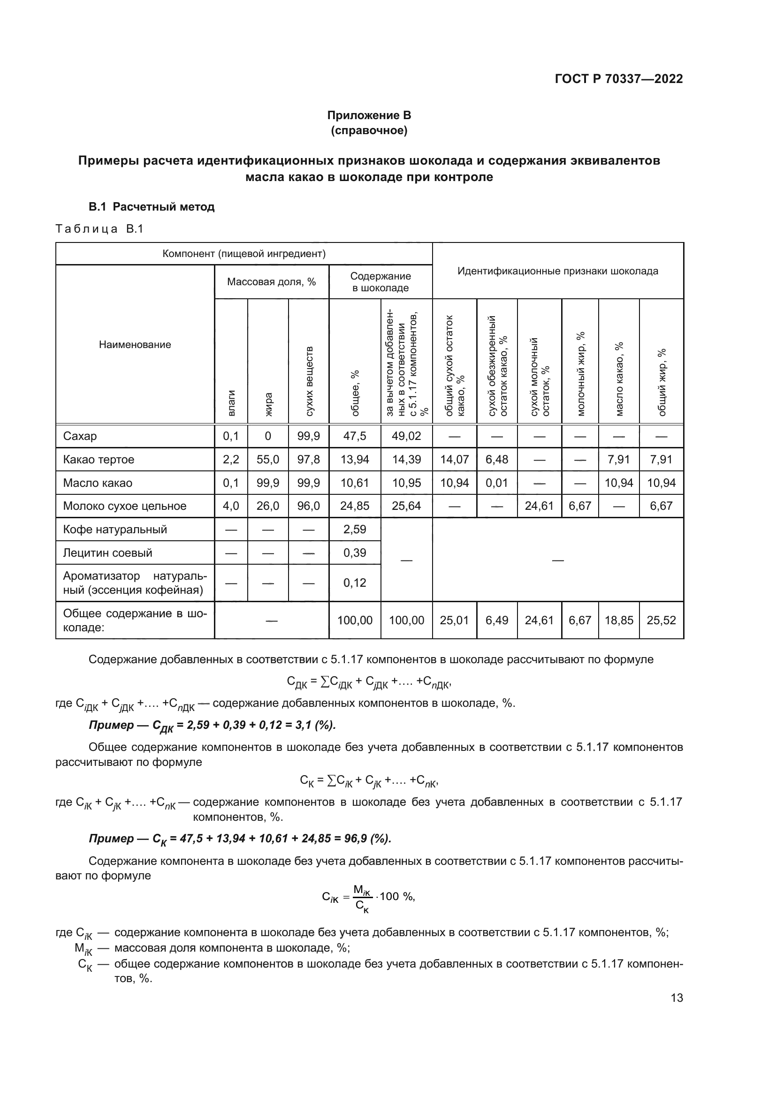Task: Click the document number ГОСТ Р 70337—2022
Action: coord(618,79)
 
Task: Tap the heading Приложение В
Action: coord(369,115)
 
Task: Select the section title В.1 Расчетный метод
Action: coord(152,207)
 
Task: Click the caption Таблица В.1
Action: coord(99,229)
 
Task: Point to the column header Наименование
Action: coord(135,345)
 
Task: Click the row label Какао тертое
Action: coord(99,460)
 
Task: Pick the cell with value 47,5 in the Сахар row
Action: coord(355,436)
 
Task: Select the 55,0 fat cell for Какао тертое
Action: coord(267,460)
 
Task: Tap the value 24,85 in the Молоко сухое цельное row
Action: coord(355,506)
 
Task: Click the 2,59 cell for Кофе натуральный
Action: coord(355,530)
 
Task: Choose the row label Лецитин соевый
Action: coord(107,553)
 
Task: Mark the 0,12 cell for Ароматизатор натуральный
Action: coord(355,583)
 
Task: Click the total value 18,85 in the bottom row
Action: coord(619,620)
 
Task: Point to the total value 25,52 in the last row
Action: coord(662,620)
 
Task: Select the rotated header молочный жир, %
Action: coord(580,374)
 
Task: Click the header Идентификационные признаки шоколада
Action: coord(558,272)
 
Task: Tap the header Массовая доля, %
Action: coord(271,282)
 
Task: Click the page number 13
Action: coord(677,998)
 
